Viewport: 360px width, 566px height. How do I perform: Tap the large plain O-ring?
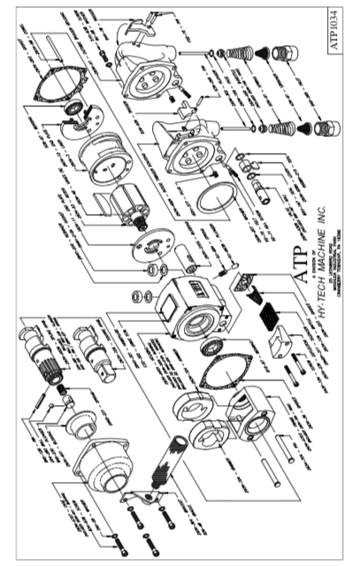click(212, 203)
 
